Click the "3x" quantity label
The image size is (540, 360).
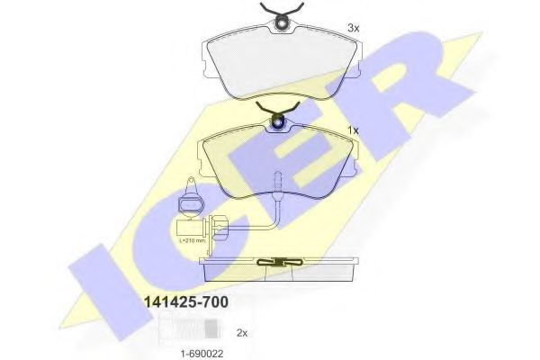click(x=354, y=29)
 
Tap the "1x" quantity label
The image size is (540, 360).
click(x=354, y=131)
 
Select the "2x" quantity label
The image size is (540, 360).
click(x=241, y=332)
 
